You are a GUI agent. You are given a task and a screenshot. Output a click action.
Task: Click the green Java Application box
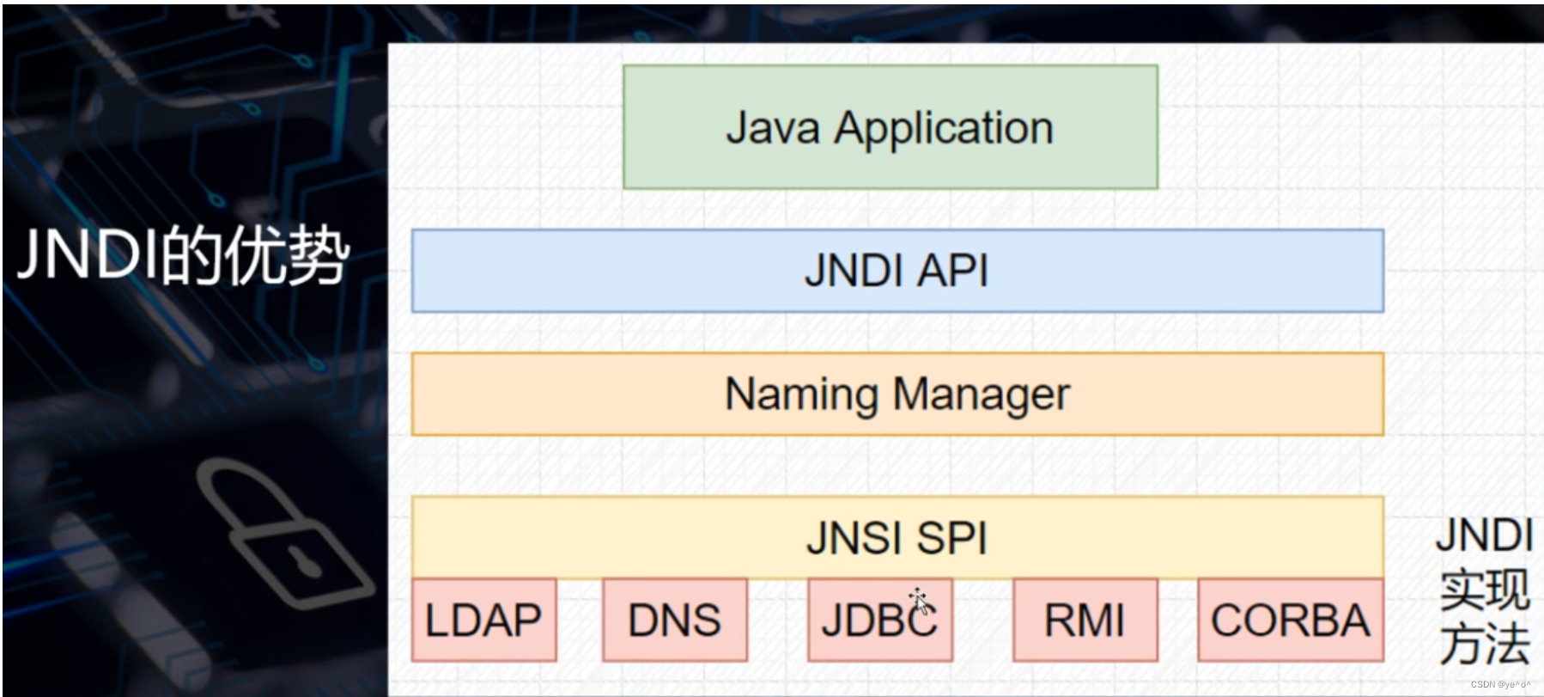tap(890, 127)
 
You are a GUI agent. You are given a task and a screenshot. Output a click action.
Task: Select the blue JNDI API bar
tap(897, 271)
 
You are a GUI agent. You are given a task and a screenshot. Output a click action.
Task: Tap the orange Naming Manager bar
tap(897, 394)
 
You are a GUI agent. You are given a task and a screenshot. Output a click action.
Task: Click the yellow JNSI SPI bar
tap(897, 538)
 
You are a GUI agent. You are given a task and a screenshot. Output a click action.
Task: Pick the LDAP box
tap(483, 620)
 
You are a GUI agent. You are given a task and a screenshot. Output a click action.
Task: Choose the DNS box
tap(674, 620)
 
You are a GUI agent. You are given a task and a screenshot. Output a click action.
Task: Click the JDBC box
tap(879, 620)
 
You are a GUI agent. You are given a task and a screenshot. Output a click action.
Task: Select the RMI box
tap(1085, 620)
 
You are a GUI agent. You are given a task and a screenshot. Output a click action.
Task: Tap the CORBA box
tap(1290, 620)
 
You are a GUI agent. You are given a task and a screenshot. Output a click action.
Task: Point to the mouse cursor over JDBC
tap(918, 600)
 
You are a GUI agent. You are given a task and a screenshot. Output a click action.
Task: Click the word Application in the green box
tap(944, 129)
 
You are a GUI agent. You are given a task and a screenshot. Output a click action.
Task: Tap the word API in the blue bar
tap(953, 271)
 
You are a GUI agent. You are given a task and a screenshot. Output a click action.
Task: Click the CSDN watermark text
tap(1499, 685)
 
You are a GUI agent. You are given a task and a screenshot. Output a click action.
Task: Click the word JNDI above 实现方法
tap(1484, 535)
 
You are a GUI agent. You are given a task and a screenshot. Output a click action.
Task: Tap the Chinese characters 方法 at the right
tap(1485, 644)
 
